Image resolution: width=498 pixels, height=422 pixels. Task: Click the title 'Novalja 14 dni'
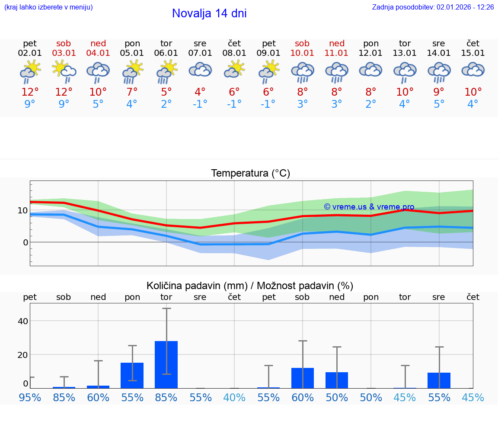click(209, 13)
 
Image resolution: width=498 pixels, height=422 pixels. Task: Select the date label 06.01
click(166, 53)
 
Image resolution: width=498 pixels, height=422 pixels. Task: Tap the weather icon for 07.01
click(200, 70)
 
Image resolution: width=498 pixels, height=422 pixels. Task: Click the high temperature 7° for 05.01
click(132, 92)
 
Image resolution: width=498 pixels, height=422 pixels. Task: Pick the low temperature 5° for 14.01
click(439, 104)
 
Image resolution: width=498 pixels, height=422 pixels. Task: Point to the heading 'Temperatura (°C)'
click(250, 174)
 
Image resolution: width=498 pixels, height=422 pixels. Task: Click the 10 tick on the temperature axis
click(22, 211)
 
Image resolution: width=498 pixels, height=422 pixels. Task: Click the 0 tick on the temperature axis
click(25, 242)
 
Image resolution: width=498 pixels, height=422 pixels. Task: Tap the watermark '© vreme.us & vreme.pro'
click(369, 207)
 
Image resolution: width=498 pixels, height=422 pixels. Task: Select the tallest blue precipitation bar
click(166, 364)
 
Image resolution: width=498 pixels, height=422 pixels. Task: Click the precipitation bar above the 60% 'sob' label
click(302, 378)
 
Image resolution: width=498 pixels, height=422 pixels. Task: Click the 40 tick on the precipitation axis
click(22, 321)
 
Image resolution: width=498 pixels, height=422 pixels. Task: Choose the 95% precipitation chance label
click(30, 398)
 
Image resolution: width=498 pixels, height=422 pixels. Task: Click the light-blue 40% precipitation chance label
click(234, 398)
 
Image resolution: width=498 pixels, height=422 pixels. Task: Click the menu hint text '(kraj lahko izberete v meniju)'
click(48, 7)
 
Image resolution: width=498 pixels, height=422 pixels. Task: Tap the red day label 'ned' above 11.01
click(337, 44)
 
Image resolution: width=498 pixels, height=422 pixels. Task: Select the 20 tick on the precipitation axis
click(22, 355)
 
